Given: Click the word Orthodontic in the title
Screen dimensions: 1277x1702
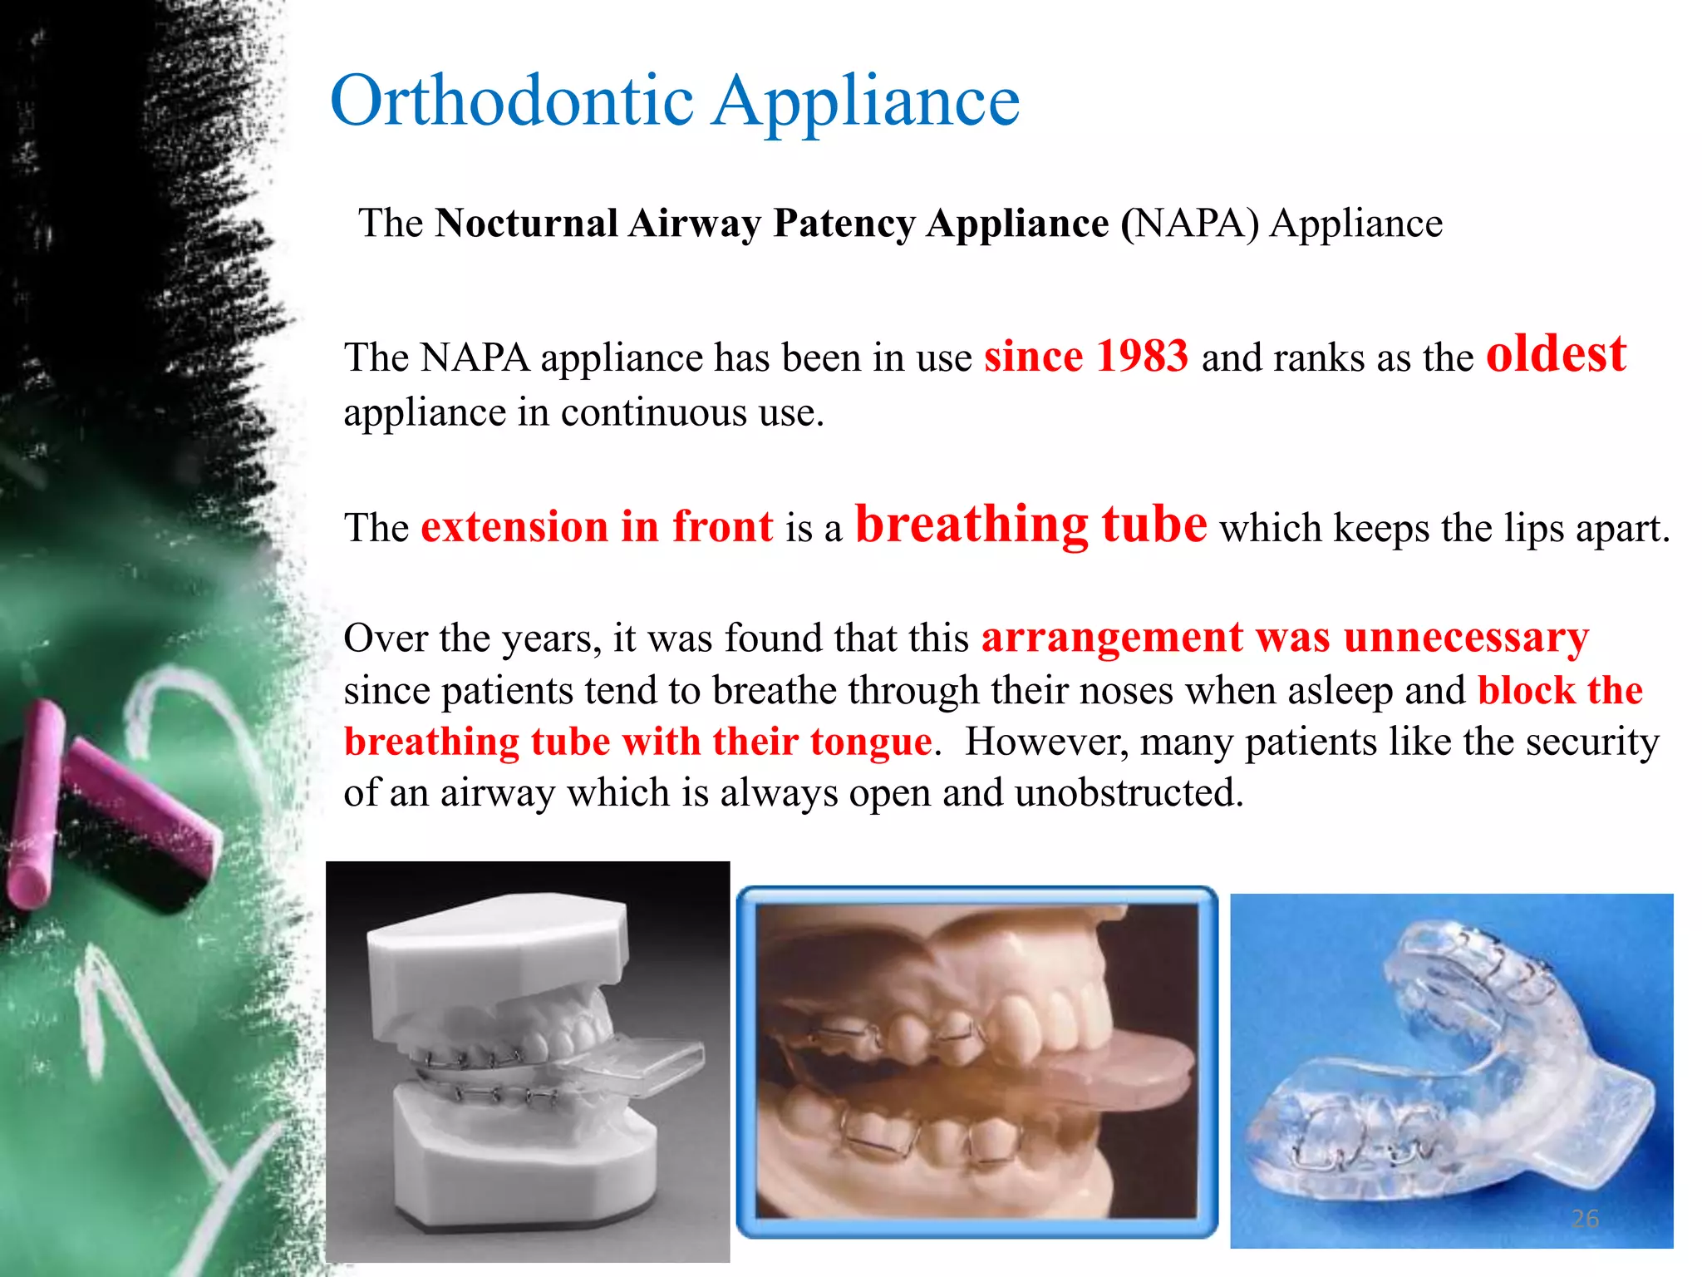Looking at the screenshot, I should [x=512, y=101].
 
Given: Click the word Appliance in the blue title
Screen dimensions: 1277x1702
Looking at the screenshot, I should [x=867, y=101].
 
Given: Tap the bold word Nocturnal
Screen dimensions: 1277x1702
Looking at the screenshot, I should [x=527, y=224].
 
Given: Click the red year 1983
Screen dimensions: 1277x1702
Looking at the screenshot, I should [x=1142, y=357].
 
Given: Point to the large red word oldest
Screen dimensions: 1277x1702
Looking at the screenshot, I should [x=1555, y=354].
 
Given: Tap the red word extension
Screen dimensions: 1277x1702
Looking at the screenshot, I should [x=514, y=527].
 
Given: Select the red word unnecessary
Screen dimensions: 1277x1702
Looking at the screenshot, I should [x=1466, y=638].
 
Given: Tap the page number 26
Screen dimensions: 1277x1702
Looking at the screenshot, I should [x=1585, y=1219].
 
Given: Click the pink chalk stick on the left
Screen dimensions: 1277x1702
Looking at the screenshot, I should [x=33, y=806].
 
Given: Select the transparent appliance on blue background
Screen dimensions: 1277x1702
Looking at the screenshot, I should [x=1446, y=1072].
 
